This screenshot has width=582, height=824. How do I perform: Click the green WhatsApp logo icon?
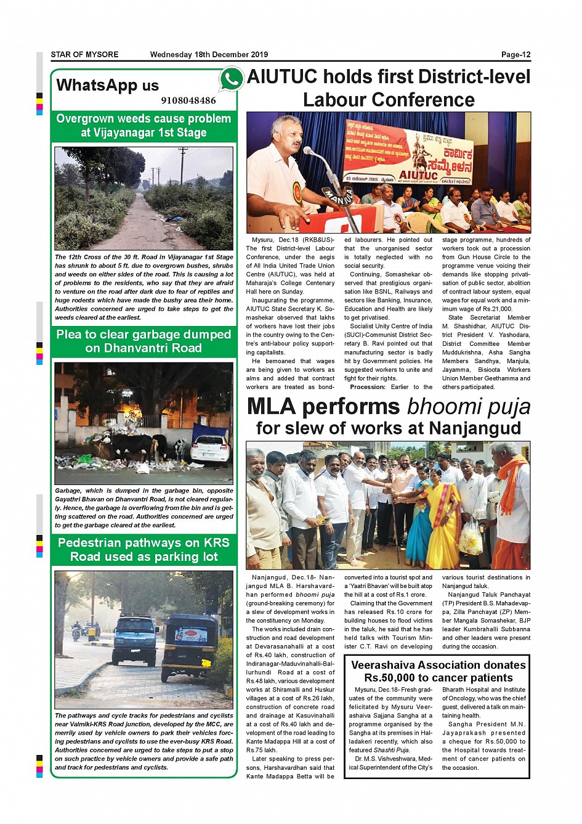click(231, 80)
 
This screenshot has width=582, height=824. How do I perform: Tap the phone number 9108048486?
click(188, 100)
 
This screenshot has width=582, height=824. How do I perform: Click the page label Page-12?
click(515, 55)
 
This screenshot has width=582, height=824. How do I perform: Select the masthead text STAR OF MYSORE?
click(84, 55)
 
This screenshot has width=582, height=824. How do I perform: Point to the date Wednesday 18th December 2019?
click(209, 55)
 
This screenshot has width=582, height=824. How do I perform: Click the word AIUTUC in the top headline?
click(282, 77)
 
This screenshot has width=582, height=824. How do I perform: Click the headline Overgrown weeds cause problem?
click(143, 119)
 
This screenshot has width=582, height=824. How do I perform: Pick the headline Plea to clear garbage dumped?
click(143, 335)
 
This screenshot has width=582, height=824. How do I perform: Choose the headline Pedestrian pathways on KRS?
click(143, 543)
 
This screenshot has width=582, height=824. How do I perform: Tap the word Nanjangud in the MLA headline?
click(474, 428)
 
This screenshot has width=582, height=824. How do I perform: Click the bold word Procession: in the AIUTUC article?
click(368, 387)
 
